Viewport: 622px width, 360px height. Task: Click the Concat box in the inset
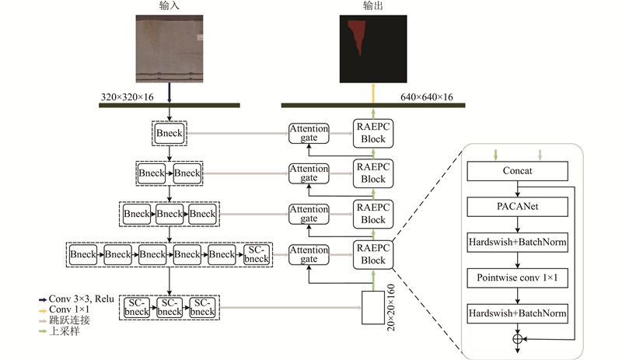point(517,170)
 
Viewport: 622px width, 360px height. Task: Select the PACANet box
point(517,206)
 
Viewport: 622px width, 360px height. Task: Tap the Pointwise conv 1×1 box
point(517,278)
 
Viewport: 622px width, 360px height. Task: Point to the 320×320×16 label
point(128,97)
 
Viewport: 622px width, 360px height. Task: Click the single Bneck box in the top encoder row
point(169,134)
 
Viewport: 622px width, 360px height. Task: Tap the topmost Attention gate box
point(309,134)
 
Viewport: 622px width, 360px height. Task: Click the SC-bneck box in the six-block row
point(257,254)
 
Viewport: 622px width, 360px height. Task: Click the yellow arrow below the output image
point(374,92)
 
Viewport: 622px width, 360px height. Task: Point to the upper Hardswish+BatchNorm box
point(517,242)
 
